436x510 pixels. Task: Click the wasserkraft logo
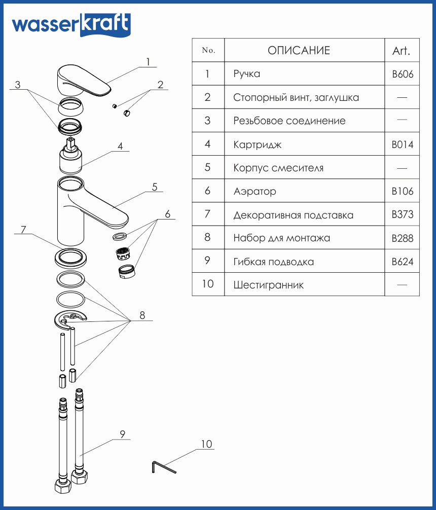(70, 24)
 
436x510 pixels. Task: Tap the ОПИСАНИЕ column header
(299, 51)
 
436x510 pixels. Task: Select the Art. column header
(401, 51)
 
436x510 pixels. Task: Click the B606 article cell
(403, 74)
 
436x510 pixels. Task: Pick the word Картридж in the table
(257, 144)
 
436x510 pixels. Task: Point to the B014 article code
(403, 144)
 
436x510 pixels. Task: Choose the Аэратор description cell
(255, 192)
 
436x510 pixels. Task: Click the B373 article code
(403, 215)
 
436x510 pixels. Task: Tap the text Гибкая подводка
(273, 262)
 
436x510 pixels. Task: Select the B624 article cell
(403, 262)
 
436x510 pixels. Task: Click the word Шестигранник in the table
(268, 285)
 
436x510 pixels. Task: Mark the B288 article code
(403, 238)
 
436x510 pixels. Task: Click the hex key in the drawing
(162, 467)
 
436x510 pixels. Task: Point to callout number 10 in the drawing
(206, 445)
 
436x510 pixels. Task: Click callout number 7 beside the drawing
(23, 229)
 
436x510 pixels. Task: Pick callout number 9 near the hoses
(122, 434)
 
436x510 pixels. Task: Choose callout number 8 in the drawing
(142, 315)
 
